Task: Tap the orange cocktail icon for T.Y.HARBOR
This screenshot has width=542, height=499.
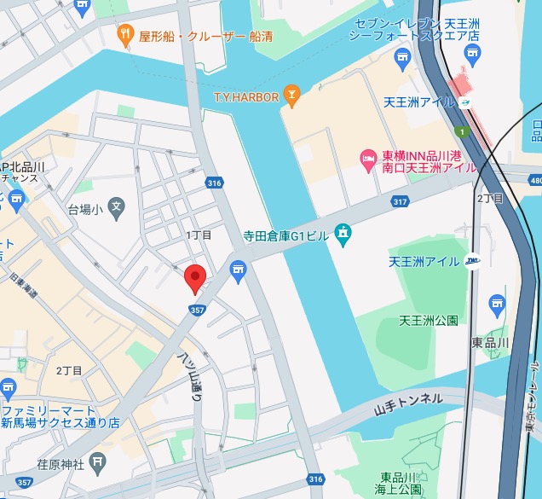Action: (292, 96)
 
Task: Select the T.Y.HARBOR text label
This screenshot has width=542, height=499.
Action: (246, 97)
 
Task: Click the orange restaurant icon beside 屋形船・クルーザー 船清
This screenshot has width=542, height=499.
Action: (125, 36)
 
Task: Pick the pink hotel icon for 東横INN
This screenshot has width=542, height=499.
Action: (368, 160)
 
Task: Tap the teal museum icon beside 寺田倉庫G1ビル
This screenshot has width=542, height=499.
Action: (343, 233)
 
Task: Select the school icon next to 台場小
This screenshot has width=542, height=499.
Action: (116, 206)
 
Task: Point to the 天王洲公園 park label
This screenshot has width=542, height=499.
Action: (429, 321)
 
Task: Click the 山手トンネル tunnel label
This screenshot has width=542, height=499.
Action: (410, 398)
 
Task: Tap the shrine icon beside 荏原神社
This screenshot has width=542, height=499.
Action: (99, 463)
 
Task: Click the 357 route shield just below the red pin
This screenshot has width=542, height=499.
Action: (197, 310)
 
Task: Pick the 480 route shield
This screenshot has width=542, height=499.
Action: (534, 181)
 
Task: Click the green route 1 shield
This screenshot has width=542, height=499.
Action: (460, 132)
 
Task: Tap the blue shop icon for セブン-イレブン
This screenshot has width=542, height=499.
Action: (403, 58)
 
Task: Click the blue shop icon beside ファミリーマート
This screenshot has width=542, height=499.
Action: (8, 390)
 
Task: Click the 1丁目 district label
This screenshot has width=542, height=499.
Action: (199, 235)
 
